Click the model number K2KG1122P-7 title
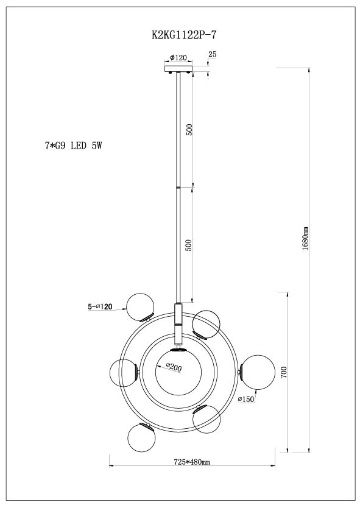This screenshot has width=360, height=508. click(183, 35)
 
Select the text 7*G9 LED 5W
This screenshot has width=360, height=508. click(74, 146)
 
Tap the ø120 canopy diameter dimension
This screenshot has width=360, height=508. click(178, 58)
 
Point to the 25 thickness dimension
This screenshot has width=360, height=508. click(212, 54)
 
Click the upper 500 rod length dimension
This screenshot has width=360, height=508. click(190, 130)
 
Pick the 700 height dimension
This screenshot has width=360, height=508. click(284, 373)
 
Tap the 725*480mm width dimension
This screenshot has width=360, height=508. click(192, 462)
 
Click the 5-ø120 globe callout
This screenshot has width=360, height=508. click(100, 306)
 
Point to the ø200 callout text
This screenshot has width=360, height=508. click(174, 368)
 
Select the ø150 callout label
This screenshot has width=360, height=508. click(246, 399)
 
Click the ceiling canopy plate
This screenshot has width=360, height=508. click(178, 69)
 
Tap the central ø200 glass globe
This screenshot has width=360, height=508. click(178, 372)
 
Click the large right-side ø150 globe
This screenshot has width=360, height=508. click(258, 372)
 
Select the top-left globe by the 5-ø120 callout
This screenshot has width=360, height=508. click(140, 307)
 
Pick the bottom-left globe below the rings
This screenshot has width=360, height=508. click(141, 438)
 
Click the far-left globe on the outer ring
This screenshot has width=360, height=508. click(124, 373)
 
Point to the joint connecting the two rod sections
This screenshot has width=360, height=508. click(178, 187)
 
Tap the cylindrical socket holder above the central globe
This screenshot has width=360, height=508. click(178, 323)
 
